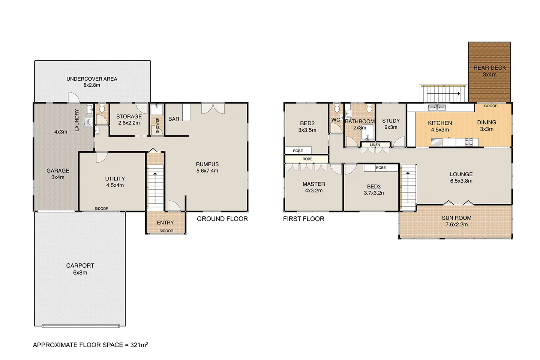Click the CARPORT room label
[80, 265]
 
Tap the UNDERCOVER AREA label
[91, 79]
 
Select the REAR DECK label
[489, 68]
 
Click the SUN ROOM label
[456, 218]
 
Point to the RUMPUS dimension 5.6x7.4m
[207, 171]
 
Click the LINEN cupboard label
[375, 145]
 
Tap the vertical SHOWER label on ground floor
[157, 125]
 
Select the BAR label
[174, 119]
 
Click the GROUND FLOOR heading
[222, 219]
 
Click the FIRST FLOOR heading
[303, 219]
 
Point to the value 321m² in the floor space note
[139, 345]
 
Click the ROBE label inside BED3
[381, 168]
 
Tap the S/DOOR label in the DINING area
[490, 106]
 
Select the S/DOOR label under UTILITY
[101, 208]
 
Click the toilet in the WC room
[336, 109]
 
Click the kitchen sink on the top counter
[437, 108]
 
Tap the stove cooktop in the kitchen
[469, 142]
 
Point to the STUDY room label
[391, 121]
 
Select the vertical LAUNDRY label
[77, 120]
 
